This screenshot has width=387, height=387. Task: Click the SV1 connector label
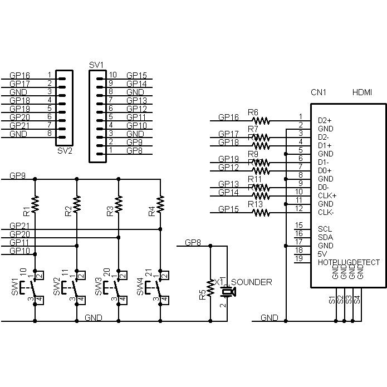96,65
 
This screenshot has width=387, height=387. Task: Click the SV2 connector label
65,150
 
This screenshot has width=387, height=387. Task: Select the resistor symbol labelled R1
35,204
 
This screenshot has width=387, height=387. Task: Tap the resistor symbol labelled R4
160,204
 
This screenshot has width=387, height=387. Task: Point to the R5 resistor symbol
210,287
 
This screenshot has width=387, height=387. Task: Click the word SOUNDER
251,282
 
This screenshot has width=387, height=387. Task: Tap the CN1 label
318,92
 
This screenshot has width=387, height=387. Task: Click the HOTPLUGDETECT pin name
349,262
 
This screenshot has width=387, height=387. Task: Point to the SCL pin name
325,229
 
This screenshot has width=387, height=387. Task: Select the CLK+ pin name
327,195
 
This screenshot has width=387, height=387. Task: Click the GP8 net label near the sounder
194,243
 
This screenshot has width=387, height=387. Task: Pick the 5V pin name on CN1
322,254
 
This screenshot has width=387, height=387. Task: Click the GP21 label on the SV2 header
20,125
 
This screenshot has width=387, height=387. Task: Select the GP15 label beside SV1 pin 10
136,75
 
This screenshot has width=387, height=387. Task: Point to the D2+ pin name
325,120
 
